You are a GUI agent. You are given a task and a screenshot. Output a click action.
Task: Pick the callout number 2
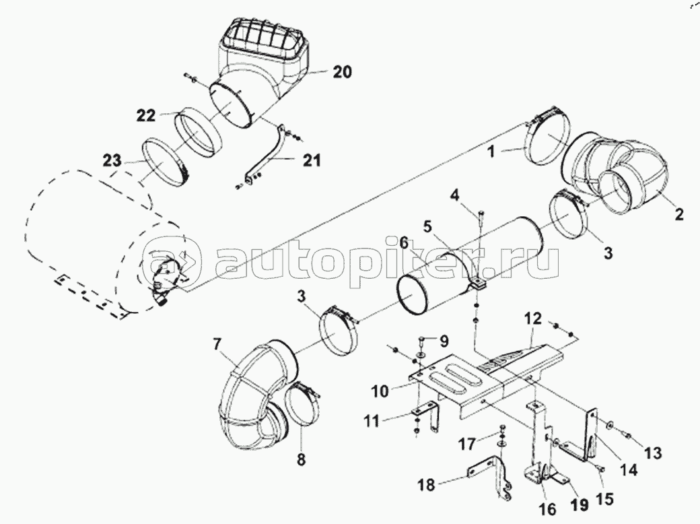click(678, 215)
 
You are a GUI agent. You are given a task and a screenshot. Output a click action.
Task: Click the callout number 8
click(301, 461)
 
